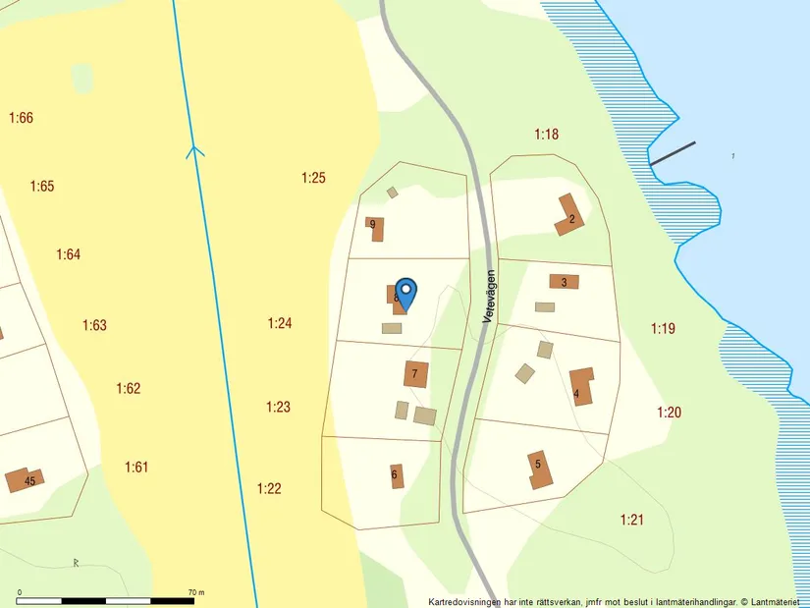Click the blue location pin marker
tap(405, 291)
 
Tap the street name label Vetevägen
tap(490, 298)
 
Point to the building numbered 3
tap(564, 282)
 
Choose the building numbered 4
tap(581, 386)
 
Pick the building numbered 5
tap(540, 470)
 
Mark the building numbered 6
tap(396, 475)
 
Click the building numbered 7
tap(415, 373)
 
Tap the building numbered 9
tap(374, 228)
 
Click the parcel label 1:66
tap(21, 118)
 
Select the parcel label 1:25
tap(313, 178)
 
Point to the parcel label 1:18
tap(546, 134)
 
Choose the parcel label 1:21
tap(631, 519)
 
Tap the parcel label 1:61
tap(136, 467)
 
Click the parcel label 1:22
tap(269, 488)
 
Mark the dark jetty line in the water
tap(673, 152)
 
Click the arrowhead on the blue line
tap(195, 150)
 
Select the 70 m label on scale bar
tap(195, 592)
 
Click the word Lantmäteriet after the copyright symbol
tap(776, 601)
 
